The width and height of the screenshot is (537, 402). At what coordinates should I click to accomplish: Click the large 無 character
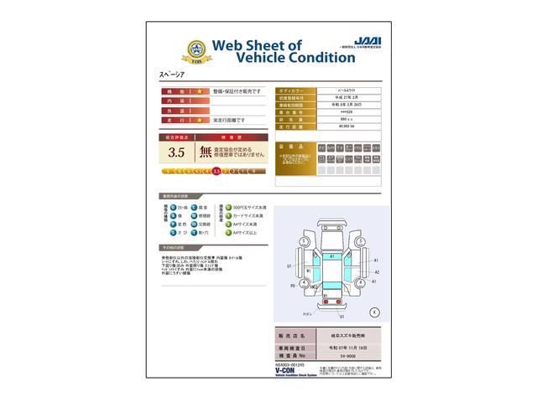pos(206,152)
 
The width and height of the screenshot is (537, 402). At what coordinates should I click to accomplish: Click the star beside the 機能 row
pos(200,90)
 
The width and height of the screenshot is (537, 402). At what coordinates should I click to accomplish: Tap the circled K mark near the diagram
pos(373,312)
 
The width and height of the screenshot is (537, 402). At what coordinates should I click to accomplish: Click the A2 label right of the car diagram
pos(377,272)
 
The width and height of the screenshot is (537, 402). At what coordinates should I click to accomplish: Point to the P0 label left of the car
pos(292,285)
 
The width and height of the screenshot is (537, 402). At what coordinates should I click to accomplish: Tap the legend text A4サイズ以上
pos(243,233)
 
